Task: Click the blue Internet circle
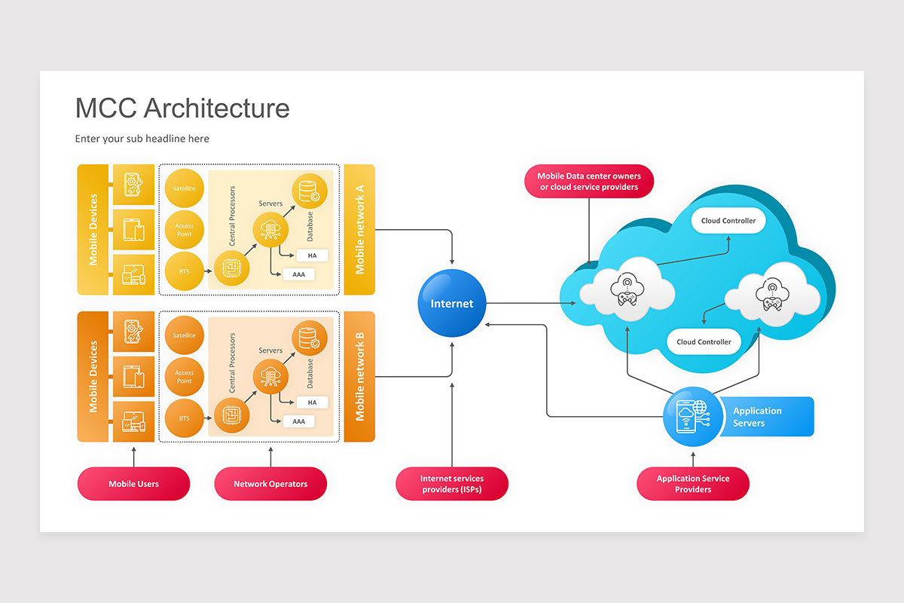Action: click(x=452, y=304)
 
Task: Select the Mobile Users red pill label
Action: click(x=133, y=484)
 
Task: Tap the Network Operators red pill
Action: click(x=270, y=484)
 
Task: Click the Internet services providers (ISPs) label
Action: click(x=452, y=484)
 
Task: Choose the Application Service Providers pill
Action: click(x=693, y=484)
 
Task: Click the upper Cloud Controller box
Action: click(x=728, y=221)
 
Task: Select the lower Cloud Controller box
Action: click(x=704, y=341)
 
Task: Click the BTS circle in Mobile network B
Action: click(x=185, y=417)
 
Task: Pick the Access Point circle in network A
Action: click(x=185, y=229)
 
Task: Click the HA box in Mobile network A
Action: click(x=312, y=256)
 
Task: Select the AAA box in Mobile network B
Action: click(x=299, y=421)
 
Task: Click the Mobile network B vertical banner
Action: click(x=359, y=376)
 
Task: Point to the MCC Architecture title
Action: click(x=182, y=108)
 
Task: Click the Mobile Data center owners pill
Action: click(x=589, y=182)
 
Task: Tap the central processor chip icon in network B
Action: click(x=231, y=414)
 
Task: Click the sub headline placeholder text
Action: click(x=142, y=139)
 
